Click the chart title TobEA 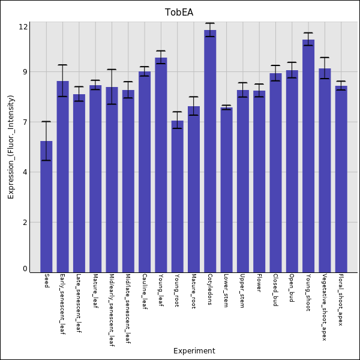tap(179, 12)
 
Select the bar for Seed tap(46, 206)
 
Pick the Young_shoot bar tap(308, 156)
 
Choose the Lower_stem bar tap(226, 190)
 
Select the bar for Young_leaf tap(161, 165)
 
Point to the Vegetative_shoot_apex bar tap(325, 170)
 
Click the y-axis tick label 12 tap(23, 27)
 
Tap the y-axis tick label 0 tap(25, 269)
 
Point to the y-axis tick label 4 tap(25, 172)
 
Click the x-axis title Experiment tap(194, 351)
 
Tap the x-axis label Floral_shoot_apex tap(341, 299)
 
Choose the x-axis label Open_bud tap(292, 288)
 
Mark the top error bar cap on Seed tap(46, 122)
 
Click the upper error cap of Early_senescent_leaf tap(62, 65)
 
